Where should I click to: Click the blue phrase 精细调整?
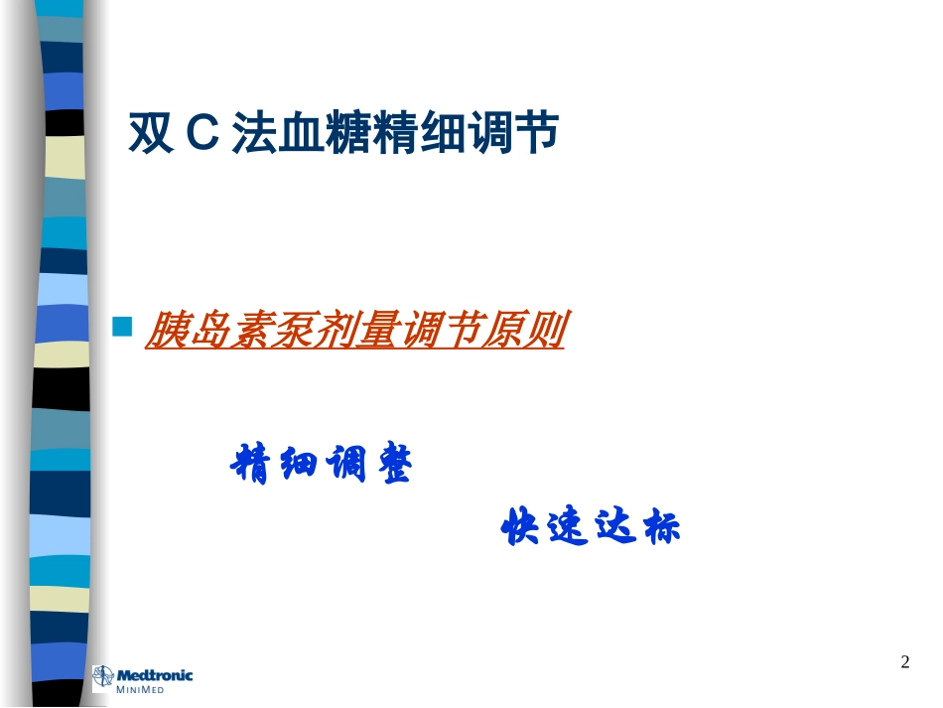321,464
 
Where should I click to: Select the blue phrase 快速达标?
592,527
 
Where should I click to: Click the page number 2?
904,662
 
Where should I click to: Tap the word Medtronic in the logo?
156,676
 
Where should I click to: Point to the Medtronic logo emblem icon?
103,679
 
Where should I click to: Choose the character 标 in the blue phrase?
661,527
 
